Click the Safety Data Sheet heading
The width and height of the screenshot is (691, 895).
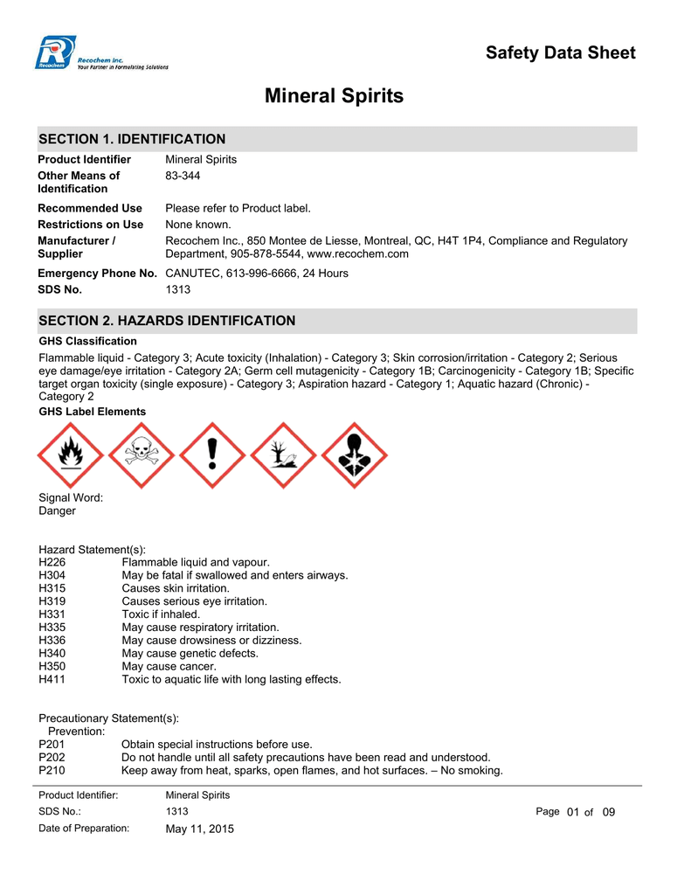coord(560,52)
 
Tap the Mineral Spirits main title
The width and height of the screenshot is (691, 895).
coord(334,96)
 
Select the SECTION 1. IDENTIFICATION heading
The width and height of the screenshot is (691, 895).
coord(132,139)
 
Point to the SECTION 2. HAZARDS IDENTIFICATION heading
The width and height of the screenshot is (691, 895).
coord(167,321)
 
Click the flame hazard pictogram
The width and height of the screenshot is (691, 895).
coord(71,454)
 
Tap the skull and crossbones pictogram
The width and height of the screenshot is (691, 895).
coord(142,454)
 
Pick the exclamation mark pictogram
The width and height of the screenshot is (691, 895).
coord(212,454)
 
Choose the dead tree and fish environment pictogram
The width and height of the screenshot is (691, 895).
coord(283,454)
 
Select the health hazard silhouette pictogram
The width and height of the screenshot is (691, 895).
coord(354,454)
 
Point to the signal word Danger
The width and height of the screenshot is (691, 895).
coord(57,510)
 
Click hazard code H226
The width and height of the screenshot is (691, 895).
coord(52,562)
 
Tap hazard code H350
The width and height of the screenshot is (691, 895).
coord(52,666)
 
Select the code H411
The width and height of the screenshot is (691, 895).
coord(52,679)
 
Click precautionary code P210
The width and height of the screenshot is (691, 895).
coord(52,770)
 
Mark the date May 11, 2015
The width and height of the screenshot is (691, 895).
coord(200,829)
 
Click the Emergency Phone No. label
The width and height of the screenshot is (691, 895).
coord(97,274)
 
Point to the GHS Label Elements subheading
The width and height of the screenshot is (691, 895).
coord(93,411)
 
